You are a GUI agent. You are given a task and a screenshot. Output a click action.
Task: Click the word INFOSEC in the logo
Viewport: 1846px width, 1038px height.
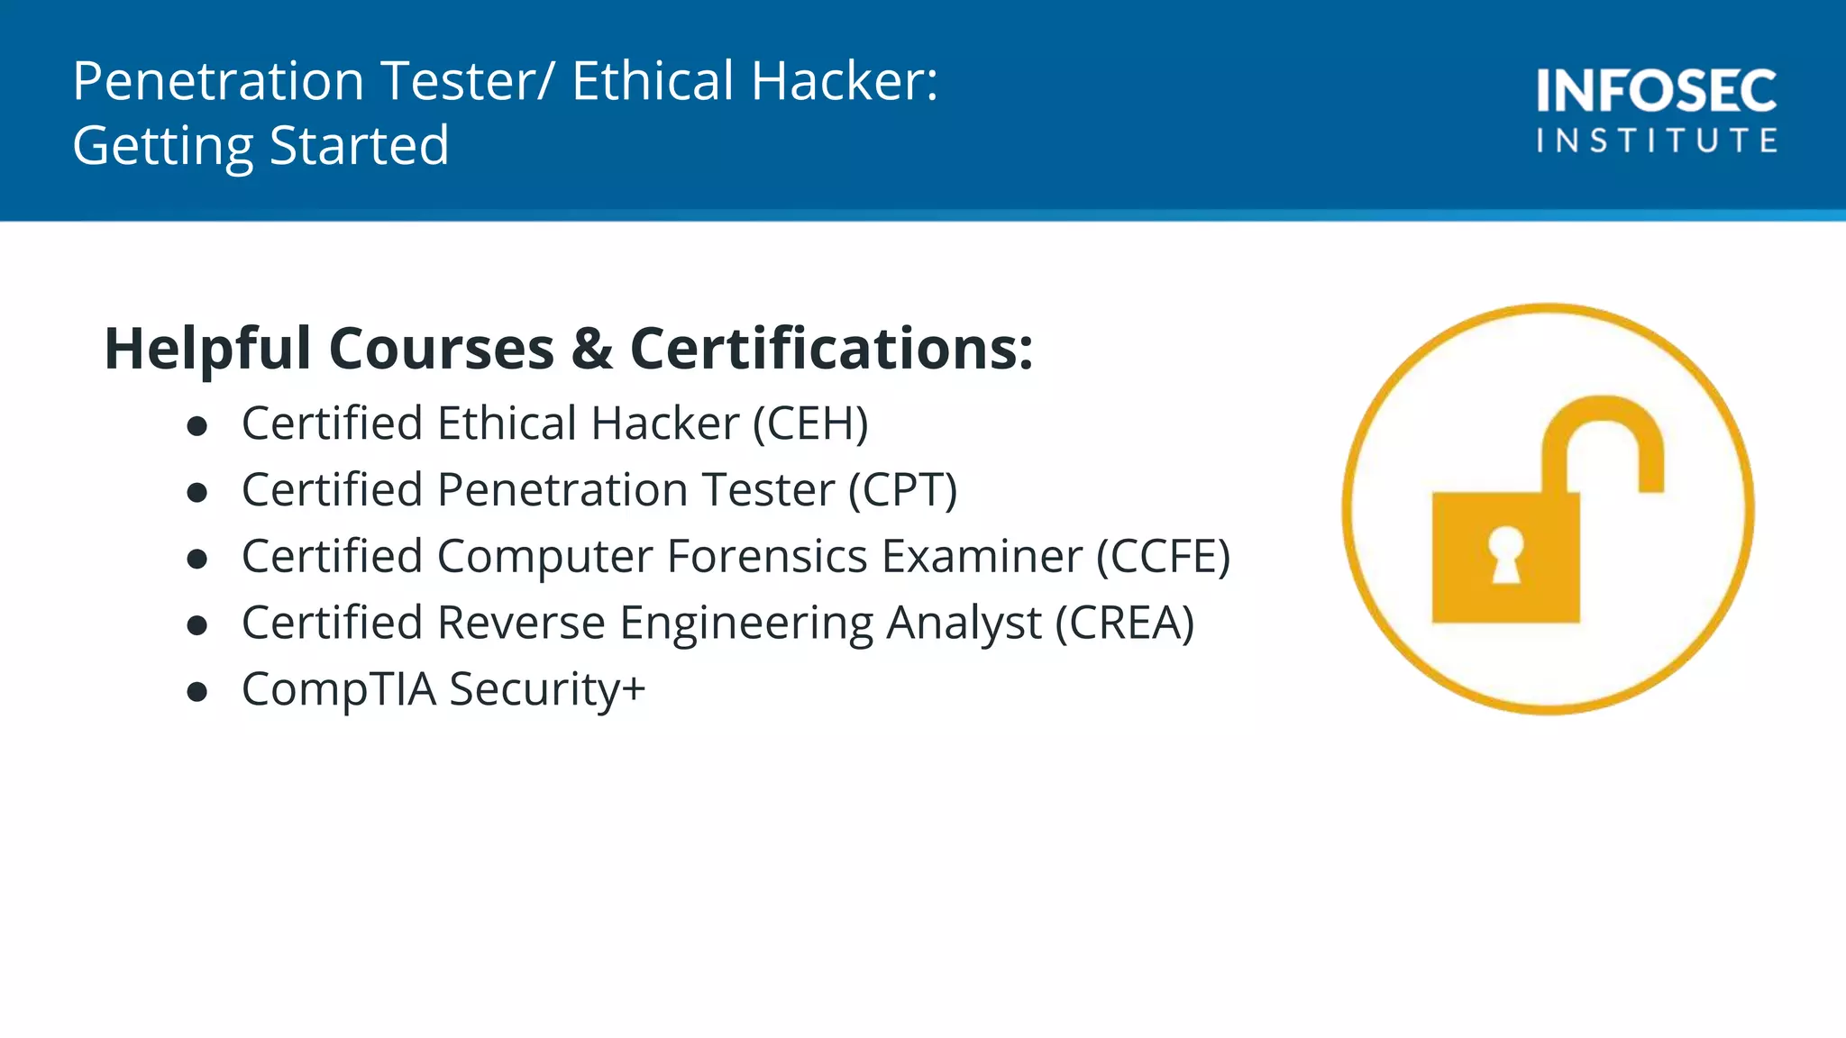[1657, 91]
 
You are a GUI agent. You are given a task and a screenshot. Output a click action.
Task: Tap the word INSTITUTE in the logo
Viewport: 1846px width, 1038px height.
[1657, 141]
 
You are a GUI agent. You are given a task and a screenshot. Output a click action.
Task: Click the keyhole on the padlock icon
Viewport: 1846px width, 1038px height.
[1505, 554]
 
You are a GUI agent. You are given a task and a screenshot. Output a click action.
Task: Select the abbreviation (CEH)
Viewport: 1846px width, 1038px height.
[810, 423]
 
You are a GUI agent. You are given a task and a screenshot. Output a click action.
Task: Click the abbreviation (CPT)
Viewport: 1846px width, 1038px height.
[902, 490]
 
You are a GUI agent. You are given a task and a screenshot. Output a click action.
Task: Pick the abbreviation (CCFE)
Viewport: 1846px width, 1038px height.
[1163, 556]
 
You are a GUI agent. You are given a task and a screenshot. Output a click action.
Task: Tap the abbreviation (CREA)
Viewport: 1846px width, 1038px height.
[1125, 623]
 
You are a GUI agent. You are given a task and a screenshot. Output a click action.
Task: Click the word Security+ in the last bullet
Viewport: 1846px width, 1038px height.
[547, 689]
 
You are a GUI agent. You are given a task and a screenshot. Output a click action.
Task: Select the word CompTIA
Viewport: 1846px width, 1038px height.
[339, 689]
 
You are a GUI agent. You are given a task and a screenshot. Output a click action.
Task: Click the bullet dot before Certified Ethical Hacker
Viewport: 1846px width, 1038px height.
[197, 426]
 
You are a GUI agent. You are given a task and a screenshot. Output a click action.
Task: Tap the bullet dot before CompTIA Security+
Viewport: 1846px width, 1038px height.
[197, 692]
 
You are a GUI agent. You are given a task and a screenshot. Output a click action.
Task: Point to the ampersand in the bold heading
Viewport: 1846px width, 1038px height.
[592, 349]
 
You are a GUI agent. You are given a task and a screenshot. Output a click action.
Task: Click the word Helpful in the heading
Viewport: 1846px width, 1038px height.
[207, 349]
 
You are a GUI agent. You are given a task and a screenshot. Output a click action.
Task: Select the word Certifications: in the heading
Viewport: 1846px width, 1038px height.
[831, 349]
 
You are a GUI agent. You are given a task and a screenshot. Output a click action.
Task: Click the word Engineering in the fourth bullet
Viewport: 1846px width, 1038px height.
[747, 623]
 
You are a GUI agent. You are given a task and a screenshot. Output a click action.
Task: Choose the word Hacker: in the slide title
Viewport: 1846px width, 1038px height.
[845, 81]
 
